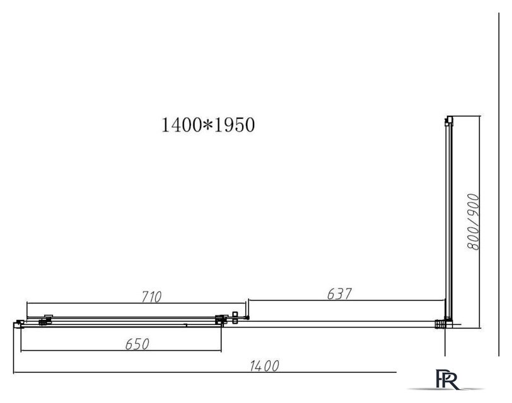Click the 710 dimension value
tap(151, 297)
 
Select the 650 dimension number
tap(137, 344)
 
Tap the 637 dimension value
tap(339, 294)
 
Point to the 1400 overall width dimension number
tap(264, 366)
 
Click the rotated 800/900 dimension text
tap(473, 222)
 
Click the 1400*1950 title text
tap(208, 125)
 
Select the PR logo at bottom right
tap(446, 379)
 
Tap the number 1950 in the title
tap(235, 125)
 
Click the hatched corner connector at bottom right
tap(440, 324)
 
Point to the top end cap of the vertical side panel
tap(449, 120)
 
